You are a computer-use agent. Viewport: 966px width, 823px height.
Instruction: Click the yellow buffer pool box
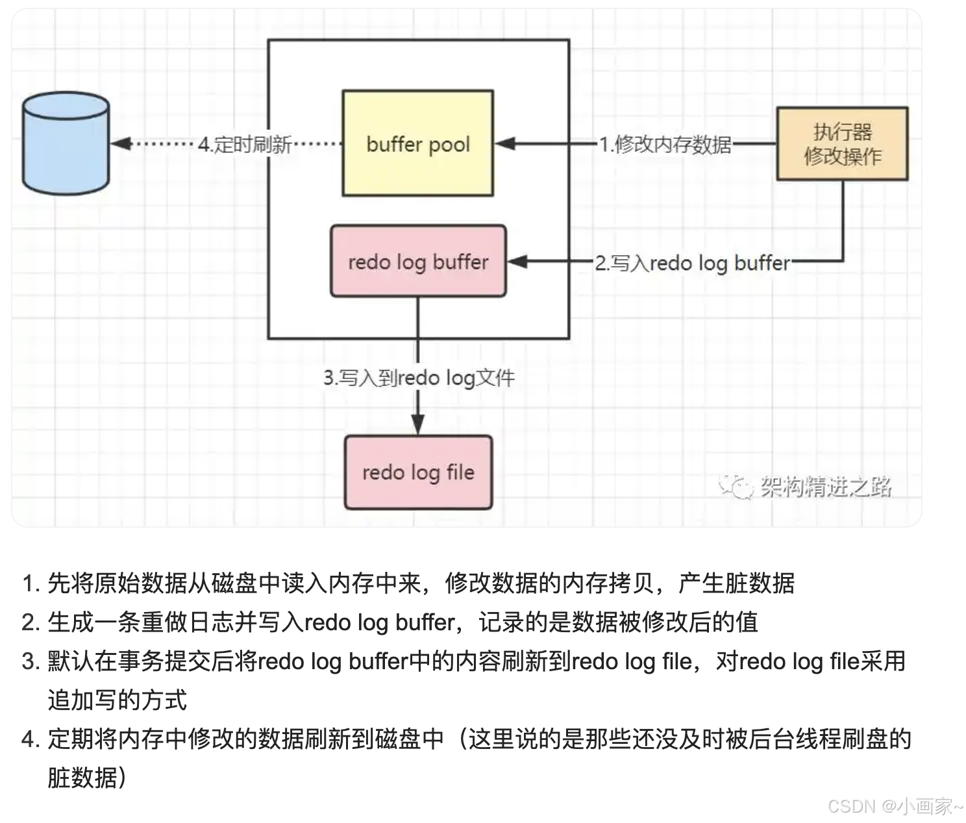point(417,143)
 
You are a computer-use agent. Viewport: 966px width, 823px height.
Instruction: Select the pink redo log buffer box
point(418,262)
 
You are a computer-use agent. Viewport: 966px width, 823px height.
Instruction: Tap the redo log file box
point(418,473)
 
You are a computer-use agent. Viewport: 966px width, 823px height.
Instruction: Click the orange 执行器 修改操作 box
point(842,144)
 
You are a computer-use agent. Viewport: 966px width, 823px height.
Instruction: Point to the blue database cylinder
point(66,143)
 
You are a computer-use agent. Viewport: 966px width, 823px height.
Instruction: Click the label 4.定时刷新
point(245,144)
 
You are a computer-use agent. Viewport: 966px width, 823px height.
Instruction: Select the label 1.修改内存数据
point(665,144)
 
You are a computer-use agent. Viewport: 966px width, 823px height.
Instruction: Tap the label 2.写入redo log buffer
point(693,263)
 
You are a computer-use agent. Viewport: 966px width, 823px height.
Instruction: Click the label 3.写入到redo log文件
point(419,378)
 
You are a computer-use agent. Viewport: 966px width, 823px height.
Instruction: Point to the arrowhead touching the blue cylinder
point(119,143)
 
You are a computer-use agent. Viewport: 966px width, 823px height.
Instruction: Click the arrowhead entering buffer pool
point(505,143)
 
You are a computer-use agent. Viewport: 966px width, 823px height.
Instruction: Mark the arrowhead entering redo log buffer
point(517,262)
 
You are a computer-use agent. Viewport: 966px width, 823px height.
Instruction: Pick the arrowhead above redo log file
point(418,424)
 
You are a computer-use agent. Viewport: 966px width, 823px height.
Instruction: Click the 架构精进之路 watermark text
point(826,486)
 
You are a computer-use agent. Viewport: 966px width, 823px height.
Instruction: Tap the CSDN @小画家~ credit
point(895,806)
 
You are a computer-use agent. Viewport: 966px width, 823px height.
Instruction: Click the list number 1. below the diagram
point(31,583)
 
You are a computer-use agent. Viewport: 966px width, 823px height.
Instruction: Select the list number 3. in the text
point(31,661)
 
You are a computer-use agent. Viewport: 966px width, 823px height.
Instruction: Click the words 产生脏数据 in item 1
point(736,583)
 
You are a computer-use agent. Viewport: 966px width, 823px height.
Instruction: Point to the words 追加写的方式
point(118,700)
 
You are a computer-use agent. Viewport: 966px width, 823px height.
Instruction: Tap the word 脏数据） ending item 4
point(87,777)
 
